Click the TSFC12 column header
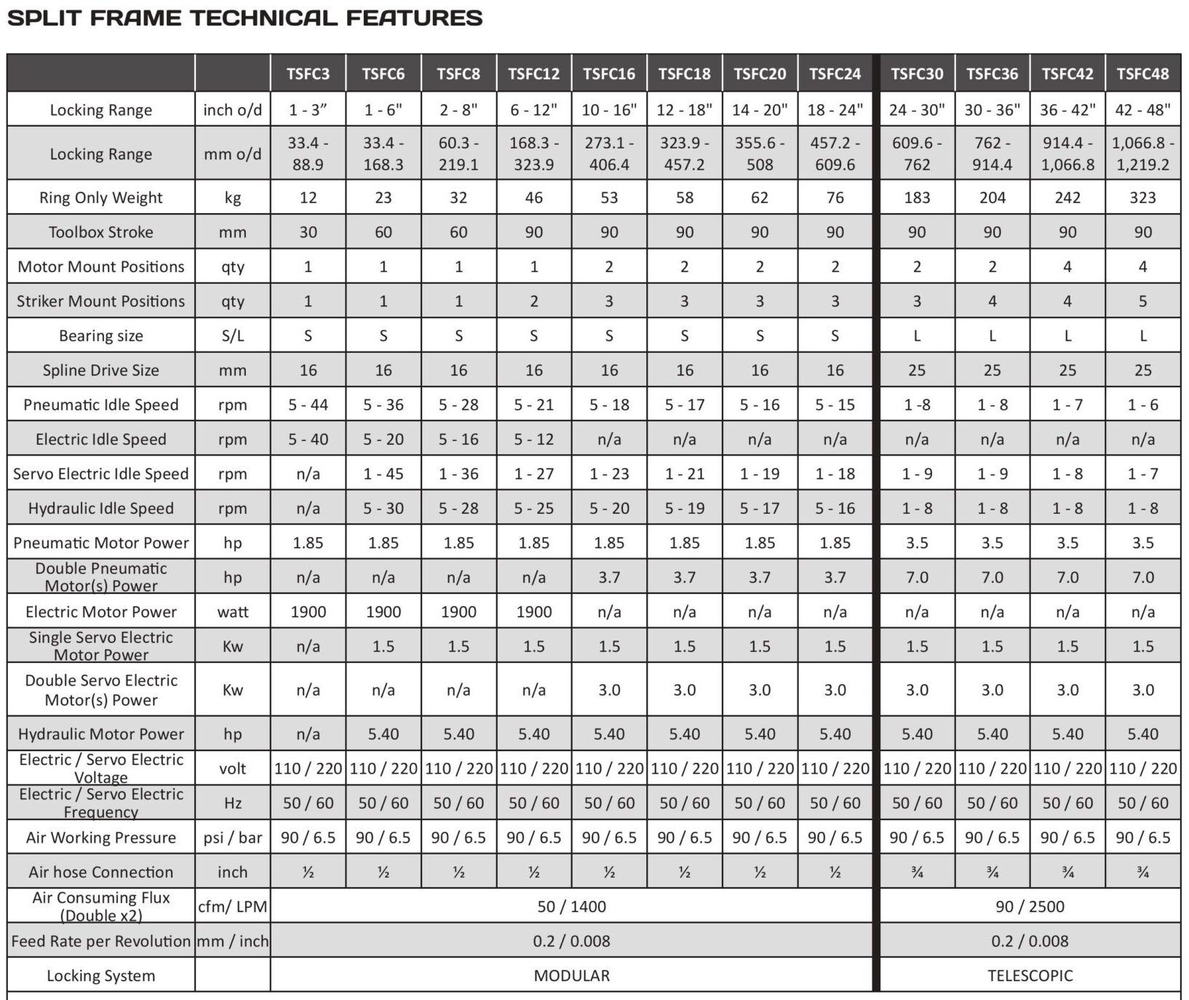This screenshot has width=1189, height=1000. (x=533, y=74)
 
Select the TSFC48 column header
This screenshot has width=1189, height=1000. (x=1142, y=74)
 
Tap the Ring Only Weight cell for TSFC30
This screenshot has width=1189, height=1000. (x=917, y=197)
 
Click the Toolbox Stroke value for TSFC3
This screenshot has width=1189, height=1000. (x=308, y=232)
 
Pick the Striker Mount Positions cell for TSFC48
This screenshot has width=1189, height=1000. (x=1142, y=301)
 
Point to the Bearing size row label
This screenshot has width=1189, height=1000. (x=101, y=336)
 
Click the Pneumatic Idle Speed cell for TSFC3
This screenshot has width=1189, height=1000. (x=308, y=405)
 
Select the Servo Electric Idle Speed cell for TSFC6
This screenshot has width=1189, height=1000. (x=383, y=474)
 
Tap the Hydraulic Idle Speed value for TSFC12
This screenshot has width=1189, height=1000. (x=533, y=508)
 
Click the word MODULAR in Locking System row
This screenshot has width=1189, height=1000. (x=572, y=975)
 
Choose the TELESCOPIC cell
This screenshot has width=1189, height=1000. (x=1030, y=975)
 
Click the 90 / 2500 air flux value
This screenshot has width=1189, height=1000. (x=1030, y=906)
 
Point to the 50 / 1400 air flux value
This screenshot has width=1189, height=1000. (x=572, y=906)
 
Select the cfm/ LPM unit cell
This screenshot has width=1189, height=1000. (x=233, y=906)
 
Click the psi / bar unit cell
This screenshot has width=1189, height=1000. (x=233, y=838)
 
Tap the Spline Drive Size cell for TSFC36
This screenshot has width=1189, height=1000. (x=993, y=370)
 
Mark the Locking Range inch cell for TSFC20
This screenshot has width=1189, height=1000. (x=760, y=110)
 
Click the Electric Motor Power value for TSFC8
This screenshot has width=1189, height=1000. (x=458, y=611)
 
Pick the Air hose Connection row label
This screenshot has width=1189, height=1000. (x=101, y=872)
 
